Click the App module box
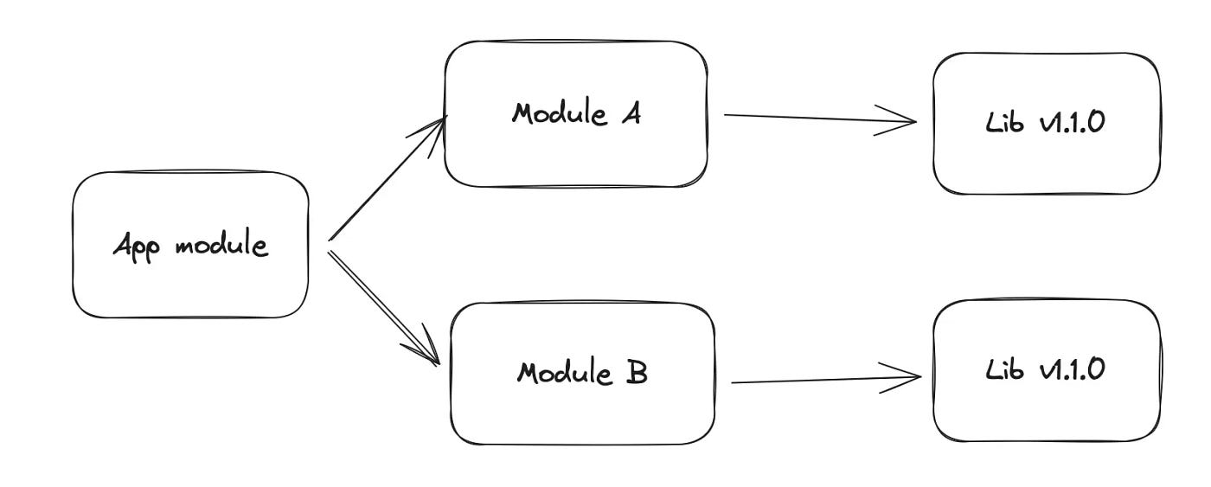(x=190, y=245)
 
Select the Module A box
(x=575, y=114)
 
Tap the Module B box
(x=582, y=374)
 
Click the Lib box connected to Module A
(x=1047, y=123)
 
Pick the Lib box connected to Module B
(x=1047, y=370)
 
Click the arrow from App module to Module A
(x=385, y=179)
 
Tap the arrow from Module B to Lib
(x=826, y=379)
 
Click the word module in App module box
(x=221, y=246)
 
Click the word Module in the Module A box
(x=559, y=114)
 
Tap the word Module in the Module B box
(x=564, y=374)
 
